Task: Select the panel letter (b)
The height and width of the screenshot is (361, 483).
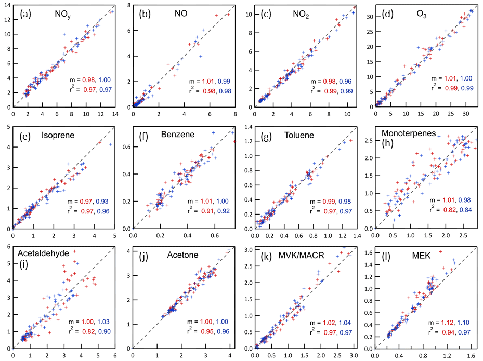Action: pyautogui.click(x=145, y=14)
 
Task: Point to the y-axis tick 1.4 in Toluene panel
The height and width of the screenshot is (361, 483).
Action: pyautogui.click(x=247, y=127)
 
